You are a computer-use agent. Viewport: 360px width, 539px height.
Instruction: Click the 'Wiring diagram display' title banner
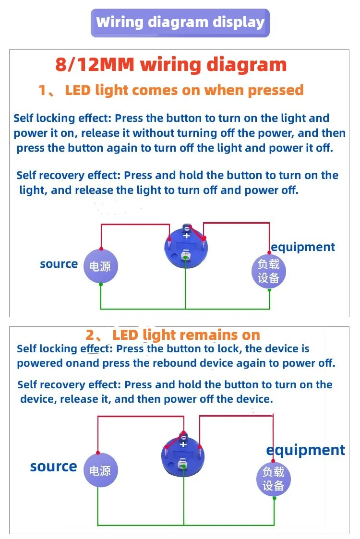click(180, 23)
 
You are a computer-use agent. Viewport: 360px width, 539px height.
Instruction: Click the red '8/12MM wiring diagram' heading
click(171, 64)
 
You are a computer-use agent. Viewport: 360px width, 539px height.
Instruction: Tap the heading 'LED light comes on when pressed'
click(184, 90)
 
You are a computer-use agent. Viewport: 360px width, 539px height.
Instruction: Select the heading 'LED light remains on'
click(186, 335)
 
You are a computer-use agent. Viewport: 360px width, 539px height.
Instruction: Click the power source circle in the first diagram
click(101, 266)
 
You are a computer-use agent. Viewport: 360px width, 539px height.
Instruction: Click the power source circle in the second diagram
click(101, 470)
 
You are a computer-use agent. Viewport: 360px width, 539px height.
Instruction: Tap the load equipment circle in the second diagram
click(274, 479)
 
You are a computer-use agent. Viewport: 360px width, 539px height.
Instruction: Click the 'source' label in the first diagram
click(59, 264)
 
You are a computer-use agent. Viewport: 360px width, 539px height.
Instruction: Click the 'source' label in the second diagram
click(53, 467)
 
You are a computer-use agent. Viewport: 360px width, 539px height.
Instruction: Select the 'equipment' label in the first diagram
click(302, 247)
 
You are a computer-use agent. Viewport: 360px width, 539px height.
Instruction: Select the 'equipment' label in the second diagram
click(305, 450)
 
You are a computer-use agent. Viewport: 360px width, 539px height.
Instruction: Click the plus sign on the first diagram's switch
click(187, 236)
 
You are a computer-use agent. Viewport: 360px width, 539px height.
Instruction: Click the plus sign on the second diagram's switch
click(183, 444)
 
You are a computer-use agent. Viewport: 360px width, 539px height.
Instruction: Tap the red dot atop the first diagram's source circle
click(101, 249)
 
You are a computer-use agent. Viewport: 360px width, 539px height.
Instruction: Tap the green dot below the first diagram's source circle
click(101, 284)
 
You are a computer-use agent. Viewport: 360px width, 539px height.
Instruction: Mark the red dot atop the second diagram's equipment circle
click(273, 461)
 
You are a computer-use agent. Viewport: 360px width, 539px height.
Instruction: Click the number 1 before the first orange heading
click(42, 90)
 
